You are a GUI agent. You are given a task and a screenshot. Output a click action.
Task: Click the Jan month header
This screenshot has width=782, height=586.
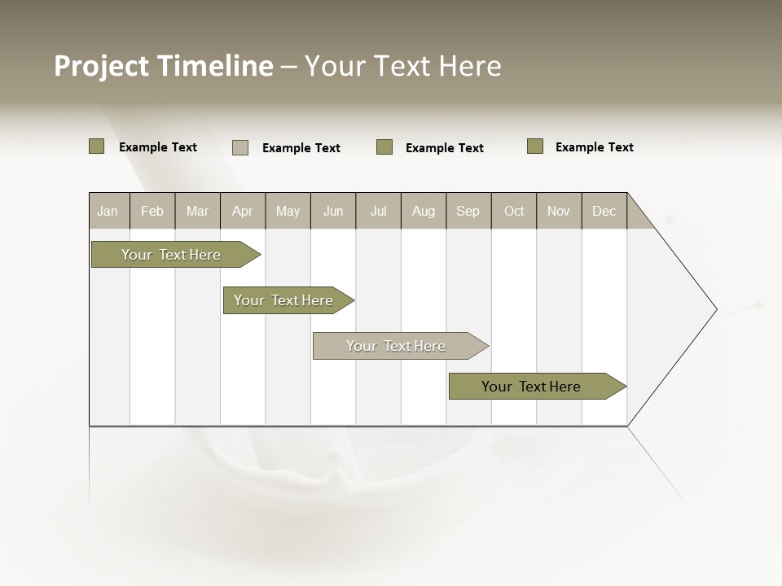tap(108, 211)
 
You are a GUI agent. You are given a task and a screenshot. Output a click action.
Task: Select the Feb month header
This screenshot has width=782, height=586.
tap(152, 211)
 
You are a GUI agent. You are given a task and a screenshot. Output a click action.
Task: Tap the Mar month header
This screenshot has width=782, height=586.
tap(197, 211)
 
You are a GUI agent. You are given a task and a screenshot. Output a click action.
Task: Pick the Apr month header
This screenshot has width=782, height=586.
tap(242, 211)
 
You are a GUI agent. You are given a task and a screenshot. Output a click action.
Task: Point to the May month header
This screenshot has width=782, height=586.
tap(288, 211)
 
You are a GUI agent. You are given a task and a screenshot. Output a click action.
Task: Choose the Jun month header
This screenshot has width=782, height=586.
tap(333, 211)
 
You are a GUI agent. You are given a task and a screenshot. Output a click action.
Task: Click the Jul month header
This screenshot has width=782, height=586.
tap(378, 211)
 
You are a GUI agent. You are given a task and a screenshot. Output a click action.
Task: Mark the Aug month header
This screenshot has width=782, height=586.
tap(424, 211)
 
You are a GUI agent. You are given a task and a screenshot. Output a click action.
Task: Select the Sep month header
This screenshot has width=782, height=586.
tap(468, 211)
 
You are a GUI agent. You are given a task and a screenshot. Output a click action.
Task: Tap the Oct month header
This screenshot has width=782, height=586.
tap(514, 211)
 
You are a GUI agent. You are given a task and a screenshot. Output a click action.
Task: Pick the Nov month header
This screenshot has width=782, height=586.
tap(559, 211)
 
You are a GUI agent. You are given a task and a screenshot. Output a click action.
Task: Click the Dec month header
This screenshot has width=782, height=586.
tap(604, 211)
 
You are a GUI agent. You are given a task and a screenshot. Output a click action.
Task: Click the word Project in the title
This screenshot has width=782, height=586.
tap(103, 66)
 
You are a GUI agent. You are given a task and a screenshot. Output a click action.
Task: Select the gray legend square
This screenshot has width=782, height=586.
tap(240, 147)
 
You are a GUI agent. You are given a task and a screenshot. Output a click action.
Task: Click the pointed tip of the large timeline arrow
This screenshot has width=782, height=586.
tap(715, 309)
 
